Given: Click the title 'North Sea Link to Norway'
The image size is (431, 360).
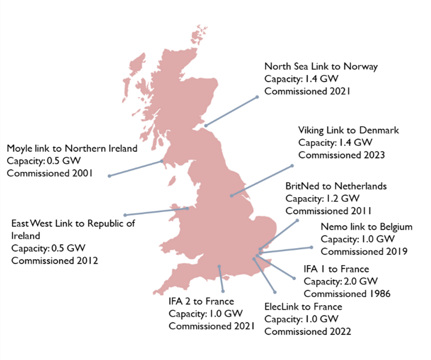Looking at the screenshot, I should tap(321, 66).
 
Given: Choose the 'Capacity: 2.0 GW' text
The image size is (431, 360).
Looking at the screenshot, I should tap(341, 281).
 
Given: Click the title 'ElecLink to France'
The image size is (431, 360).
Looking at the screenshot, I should tap(303, 306).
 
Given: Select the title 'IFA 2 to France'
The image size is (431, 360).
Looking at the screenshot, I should tap(201, 301).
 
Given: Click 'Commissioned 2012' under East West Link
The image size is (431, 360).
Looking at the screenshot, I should tap(55, 261).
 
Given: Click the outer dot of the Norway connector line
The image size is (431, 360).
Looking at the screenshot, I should tap(257, 97).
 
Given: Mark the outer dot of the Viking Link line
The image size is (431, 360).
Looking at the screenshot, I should tap(291, 166).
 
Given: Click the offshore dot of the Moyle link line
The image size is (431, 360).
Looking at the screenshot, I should tap(109, 176).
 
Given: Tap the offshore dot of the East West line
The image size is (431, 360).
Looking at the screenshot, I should tap(125, 215).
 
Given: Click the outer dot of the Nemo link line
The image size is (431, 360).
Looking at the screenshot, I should tap(311, 247).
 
